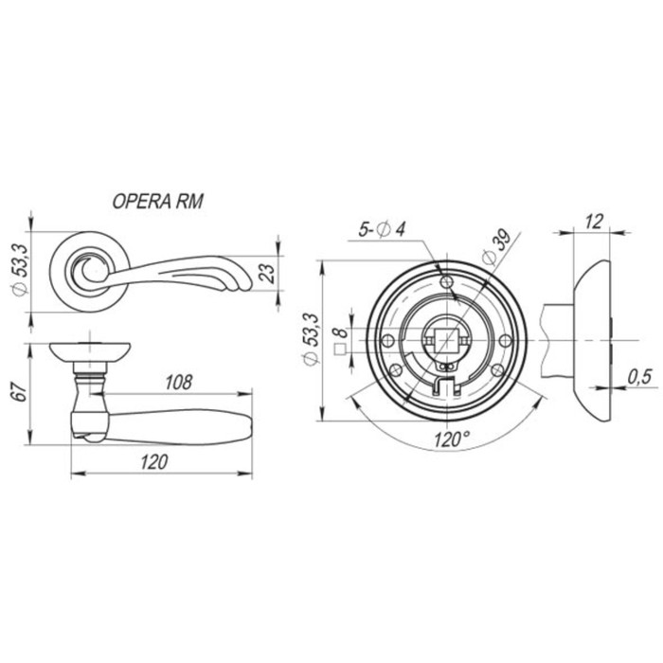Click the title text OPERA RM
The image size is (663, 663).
pos(157,201)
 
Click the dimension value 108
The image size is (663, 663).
pos(178,383)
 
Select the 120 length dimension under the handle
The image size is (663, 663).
pos(154,462)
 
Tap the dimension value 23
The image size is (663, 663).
pos(266,273)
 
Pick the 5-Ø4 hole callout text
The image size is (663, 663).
pos(382,229)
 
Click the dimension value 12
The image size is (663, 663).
pos(594,222)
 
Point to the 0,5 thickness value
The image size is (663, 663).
pos(640,377)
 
